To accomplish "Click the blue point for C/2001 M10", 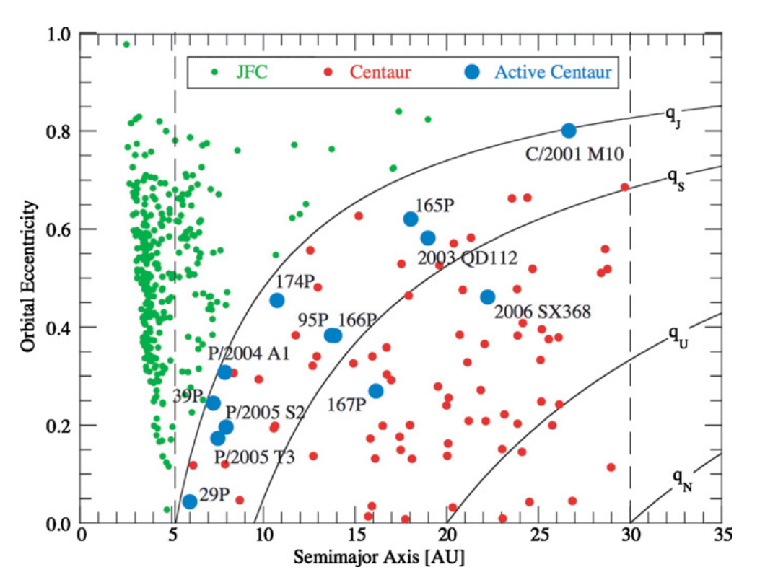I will (569, 131).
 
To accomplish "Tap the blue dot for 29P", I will (190, 501).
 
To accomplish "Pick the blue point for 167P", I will (376, 391).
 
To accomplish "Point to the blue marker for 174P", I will (277, 301).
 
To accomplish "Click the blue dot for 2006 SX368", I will (488, 297).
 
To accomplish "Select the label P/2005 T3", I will (254, 457).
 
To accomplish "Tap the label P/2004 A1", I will (248, 353).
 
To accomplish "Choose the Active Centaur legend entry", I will (553, 72).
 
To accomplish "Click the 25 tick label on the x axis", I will (539, 535).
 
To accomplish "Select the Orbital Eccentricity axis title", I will (28, 278).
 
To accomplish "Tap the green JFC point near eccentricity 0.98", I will (126, 45).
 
